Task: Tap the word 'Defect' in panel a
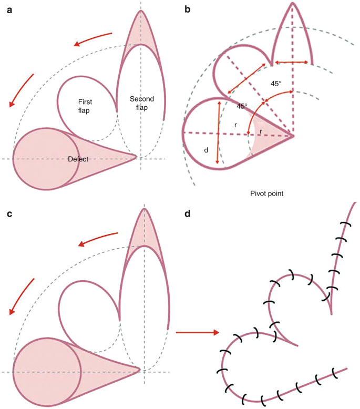[79, 158]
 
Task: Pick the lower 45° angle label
[242, 106]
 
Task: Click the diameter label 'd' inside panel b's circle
[207, 150]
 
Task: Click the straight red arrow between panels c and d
[197, 332]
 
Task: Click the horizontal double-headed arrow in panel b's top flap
[292, 63]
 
